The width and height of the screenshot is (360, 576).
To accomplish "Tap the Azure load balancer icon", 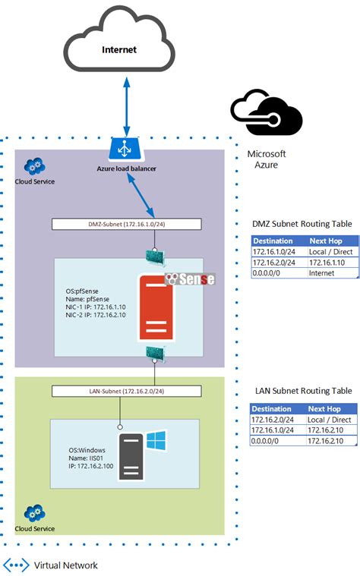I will point(122,149).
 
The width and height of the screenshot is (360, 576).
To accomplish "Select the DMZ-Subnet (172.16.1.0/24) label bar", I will point(127,224).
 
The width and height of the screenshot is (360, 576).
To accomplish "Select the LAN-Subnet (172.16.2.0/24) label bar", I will point(127,391).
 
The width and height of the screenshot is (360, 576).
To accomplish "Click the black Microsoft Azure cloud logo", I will point(267,114).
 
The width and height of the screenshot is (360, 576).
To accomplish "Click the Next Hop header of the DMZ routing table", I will point(330,241).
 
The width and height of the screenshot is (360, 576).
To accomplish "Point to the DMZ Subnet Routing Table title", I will point(302,224).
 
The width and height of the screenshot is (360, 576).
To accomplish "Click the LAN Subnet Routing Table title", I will point(302,391).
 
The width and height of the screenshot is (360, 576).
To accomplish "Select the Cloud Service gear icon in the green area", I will point(33,511).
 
